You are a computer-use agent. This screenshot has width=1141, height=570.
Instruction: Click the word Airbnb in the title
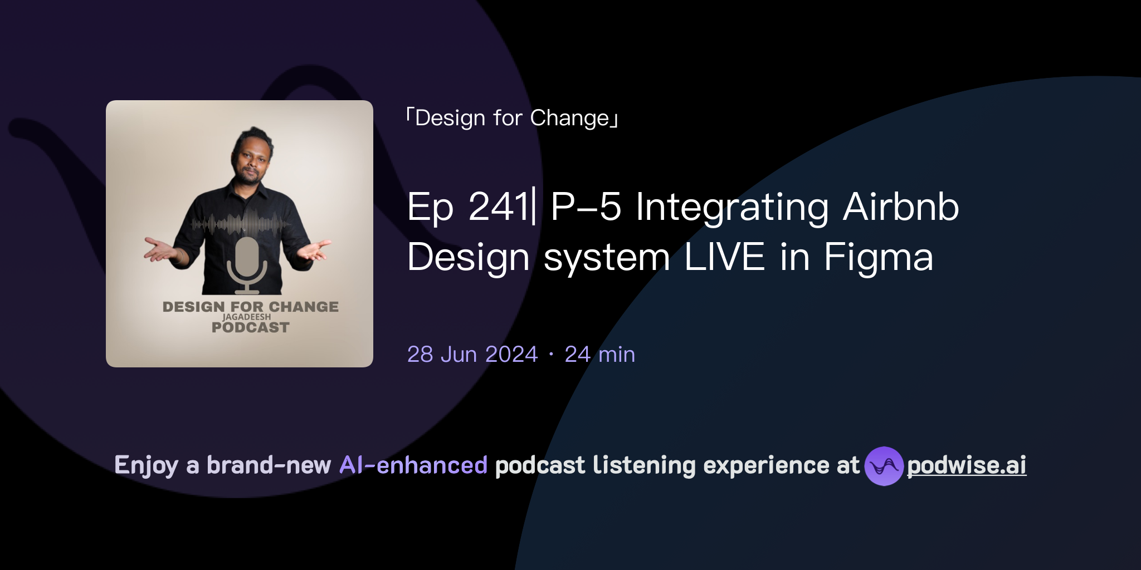pyautogui.click(x=901, y=207)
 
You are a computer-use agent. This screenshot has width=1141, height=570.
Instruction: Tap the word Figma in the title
pyautogui.click(x=879, y=257)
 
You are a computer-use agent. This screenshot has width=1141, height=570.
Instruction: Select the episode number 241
pyautogui.click(x=498, y=207)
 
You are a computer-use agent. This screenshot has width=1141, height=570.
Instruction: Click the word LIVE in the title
pyautogui.click(x=724, y=257)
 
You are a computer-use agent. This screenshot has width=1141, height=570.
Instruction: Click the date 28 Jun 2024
pyautogui.click(x=472, y=355)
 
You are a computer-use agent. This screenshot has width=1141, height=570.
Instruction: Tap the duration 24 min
pyautogui.click(x=599, y=355)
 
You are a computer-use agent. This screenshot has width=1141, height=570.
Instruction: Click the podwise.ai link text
pyautogui.click(x=966, y=466)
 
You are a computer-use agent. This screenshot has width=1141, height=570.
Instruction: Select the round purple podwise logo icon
pyautogui.click(x=884, y=466)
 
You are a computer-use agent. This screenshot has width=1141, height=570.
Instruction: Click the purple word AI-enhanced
pyautogui.click(x=413, y=465)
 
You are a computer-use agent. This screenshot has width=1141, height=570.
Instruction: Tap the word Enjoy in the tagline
pyautogui.click(x=146, y=466)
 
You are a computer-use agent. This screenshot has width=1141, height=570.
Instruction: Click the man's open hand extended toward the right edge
pyautogui.click(x=315, y=250)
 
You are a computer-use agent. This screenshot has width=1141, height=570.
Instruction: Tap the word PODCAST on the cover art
pyautogui.click(x=250, y=328)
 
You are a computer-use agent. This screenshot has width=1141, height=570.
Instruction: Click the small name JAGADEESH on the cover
pyautogui.click(x=246, y=317)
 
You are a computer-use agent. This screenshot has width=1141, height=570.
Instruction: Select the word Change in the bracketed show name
pyautogui.click(x=569, y=118)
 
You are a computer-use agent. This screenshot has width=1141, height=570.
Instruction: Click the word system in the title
pyautogui.click(x=607, y=257)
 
